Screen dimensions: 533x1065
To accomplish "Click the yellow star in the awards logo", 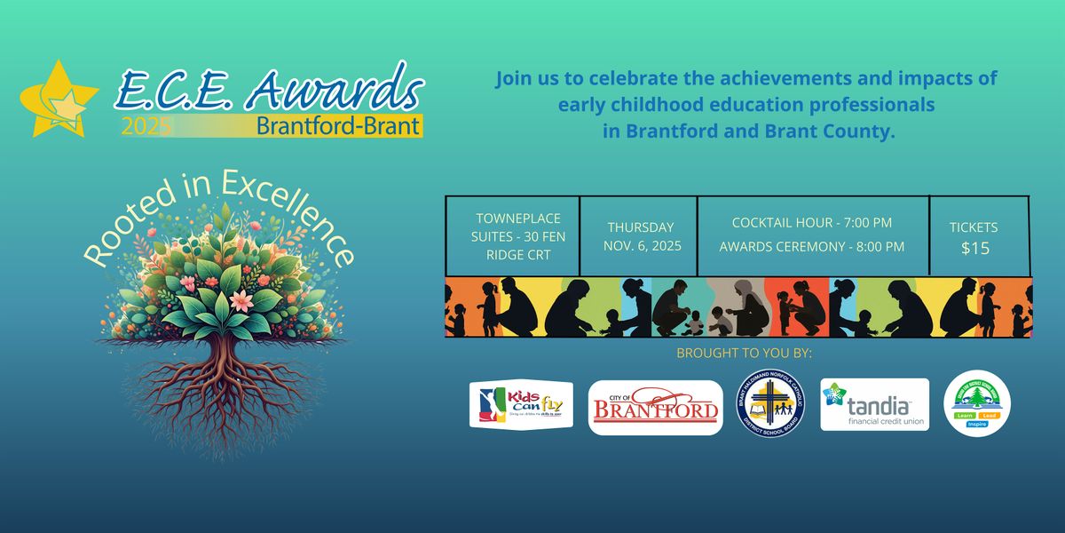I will click(55, 98).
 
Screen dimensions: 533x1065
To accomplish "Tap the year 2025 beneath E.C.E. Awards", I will click(146, 126).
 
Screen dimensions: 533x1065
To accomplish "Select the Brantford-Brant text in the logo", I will click(338, 125).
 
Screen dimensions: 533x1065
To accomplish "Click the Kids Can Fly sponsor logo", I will click(521, 405).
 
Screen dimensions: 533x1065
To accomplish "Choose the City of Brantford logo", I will click(655, 408).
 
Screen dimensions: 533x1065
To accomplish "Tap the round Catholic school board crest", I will click(771, 404).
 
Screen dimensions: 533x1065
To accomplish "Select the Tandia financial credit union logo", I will click(874, 404).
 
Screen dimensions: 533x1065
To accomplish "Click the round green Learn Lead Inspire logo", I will click(977, 404).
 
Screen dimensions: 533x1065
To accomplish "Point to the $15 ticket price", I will click(975, 249).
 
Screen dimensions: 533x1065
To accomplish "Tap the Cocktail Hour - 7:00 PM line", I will click(812, 222).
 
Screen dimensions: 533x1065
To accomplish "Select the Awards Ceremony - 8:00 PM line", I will click(812, 246).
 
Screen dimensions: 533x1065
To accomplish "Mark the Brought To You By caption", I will click(744, 354).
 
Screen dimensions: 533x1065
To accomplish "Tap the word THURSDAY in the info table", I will click(640, 227).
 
